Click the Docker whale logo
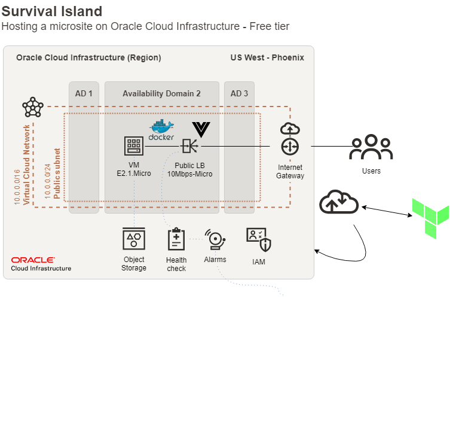pos(161,130)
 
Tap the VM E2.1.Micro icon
pos(134,146)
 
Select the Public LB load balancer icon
pos(189,146)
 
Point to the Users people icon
pos(371,147)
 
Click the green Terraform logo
pos(430,218)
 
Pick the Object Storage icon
pos(134,239)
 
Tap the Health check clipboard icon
pos(176,239)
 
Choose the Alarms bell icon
pos(215,239)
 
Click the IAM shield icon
pos(259,240)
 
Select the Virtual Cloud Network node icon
pos(33,107)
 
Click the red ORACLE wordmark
pos(33,260)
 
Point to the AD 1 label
pos(84,94)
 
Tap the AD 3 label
pos(239,94)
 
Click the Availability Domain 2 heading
pos(161,94)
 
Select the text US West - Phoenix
pos(267,57)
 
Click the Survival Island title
pos(52,11)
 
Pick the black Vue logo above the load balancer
pos(201,130)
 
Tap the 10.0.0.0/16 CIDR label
pos(17,187)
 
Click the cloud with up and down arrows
pos(339,202)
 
